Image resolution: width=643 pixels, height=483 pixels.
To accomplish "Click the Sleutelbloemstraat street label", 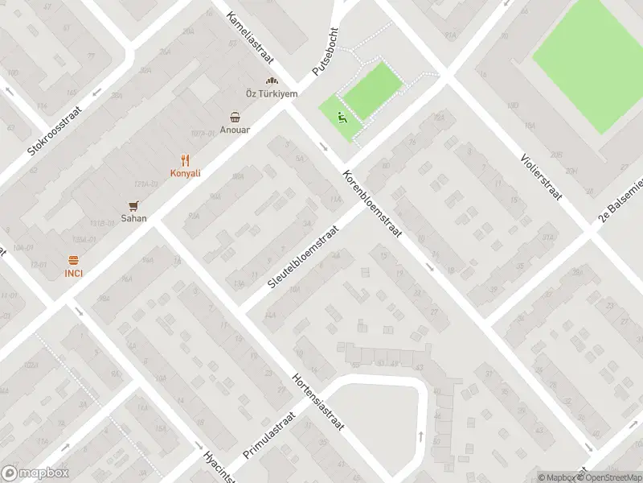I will [x=303, y=254].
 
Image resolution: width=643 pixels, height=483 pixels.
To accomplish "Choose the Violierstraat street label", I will [x=539, y=176].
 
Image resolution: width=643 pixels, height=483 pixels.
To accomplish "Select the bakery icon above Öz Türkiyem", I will [x=272, y=80].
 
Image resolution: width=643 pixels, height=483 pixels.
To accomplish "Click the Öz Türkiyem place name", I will [x=272, y=94].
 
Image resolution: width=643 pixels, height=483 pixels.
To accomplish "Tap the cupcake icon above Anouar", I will [x=235, y=116].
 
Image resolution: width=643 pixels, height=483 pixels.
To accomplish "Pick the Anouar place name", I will [x=235, y=130].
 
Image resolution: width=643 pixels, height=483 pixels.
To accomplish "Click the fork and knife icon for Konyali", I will [x=185, y=159].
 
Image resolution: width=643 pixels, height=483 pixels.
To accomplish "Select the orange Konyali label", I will [x=185, y=173].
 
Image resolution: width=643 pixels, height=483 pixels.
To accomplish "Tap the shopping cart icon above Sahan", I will [x=133, y=204].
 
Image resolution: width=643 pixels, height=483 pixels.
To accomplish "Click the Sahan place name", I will [x=133, y=218].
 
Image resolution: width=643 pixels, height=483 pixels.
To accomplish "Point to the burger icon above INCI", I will [x=74, y=259].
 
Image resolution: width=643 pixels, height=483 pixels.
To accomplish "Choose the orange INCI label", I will [x=74, y=273].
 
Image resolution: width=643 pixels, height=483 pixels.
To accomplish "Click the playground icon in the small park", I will [x=342, y=118].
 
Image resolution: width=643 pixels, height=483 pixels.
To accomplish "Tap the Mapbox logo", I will [x=35, y=473].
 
